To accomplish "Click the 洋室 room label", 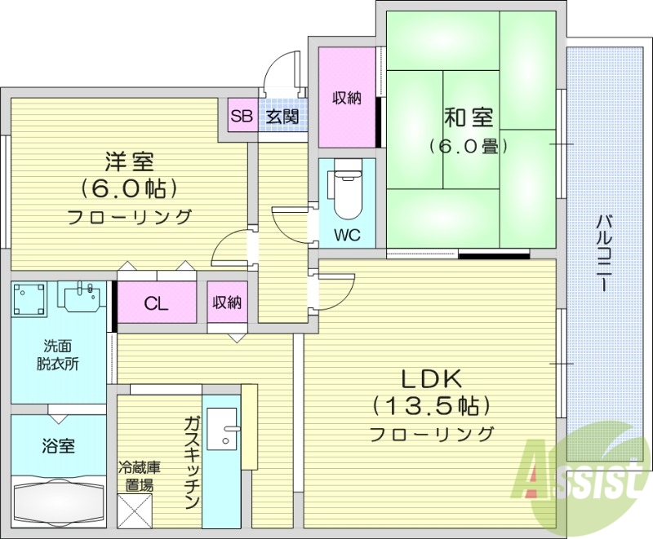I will (129, 161).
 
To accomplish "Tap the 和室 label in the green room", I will (469, 117).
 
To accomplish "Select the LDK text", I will (432, 378).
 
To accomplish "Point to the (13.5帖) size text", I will (432, 405).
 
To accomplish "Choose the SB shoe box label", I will (242, 116).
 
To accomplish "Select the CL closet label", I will (157, 303).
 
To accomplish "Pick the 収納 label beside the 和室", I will (347, 98).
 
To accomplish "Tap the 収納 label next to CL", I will (227, 303).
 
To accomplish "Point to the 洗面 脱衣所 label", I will (57, 355).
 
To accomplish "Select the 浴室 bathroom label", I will (59, 446).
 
